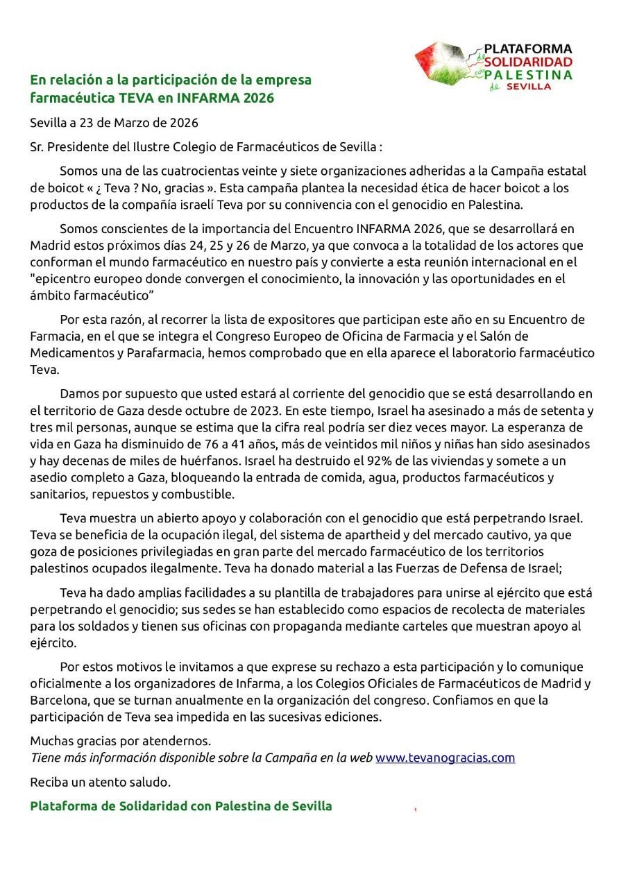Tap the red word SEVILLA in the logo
pos(529,87)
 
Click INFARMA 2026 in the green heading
pos(235,99)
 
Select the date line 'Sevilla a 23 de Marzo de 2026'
pos(114,123)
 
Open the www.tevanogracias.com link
pos(445,758)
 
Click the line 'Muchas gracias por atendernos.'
pos(120,741)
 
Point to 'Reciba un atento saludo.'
pos(100,782)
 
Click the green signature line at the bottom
pos(180,806)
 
